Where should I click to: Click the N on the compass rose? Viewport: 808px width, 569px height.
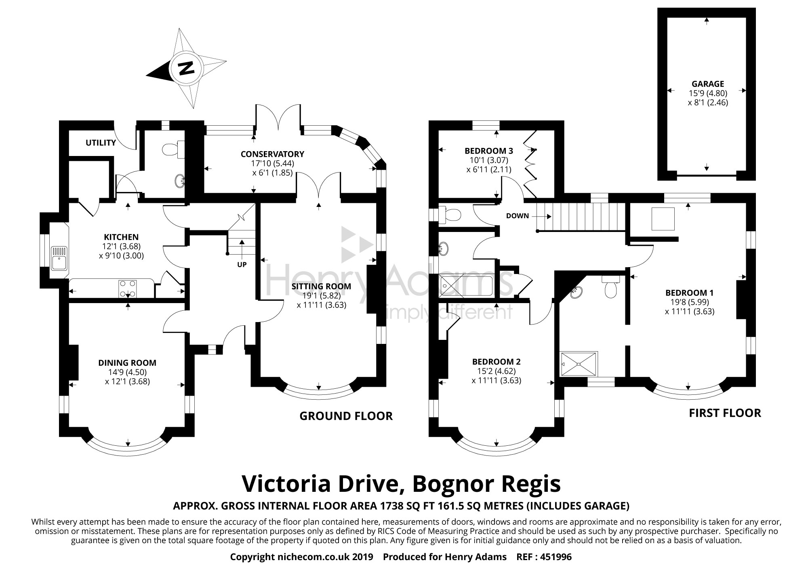(x=186, y=68)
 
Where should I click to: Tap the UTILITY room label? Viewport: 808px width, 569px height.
(x=101, y=142)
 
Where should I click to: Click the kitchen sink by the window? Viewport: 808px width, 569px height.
(x=59, y=258)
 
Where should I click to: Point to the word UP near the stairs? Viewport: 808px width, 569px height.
(x=242, y=265)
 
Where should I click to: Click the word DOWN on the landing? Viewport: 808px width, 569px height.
(x=518, y=216)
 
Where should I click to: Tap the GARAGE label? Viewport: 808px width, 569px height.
(x=708, y=84)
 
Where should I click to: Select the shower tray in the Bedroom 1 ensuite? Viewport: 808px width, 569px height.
(x=579, y=365)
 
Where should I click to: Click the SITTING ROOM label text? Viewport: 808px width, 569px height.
(x=321, y=287)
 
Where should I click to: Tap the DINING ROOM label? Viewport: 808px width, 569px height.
(x=127, y=363)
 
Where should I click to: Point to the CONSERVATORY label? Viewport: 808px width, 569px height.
(x=272, y=154)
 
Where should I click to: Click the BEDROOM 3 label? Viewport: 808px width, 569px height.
(x=489, y=151)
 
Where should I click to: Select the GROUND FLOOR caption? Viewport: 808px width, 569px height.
(x=346, y=416)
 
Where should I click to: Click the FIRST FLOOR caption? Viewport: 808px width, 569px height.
(x=725, y=413)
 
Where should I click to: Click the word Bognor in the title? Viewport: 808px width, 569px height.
(x=449, y=484)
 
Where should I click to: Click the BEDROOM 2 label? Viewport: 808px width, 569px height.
(x=497, y=362)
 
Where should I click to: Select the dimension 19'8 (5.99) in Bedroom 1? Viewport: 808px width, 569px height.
(x=690, y=302)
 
